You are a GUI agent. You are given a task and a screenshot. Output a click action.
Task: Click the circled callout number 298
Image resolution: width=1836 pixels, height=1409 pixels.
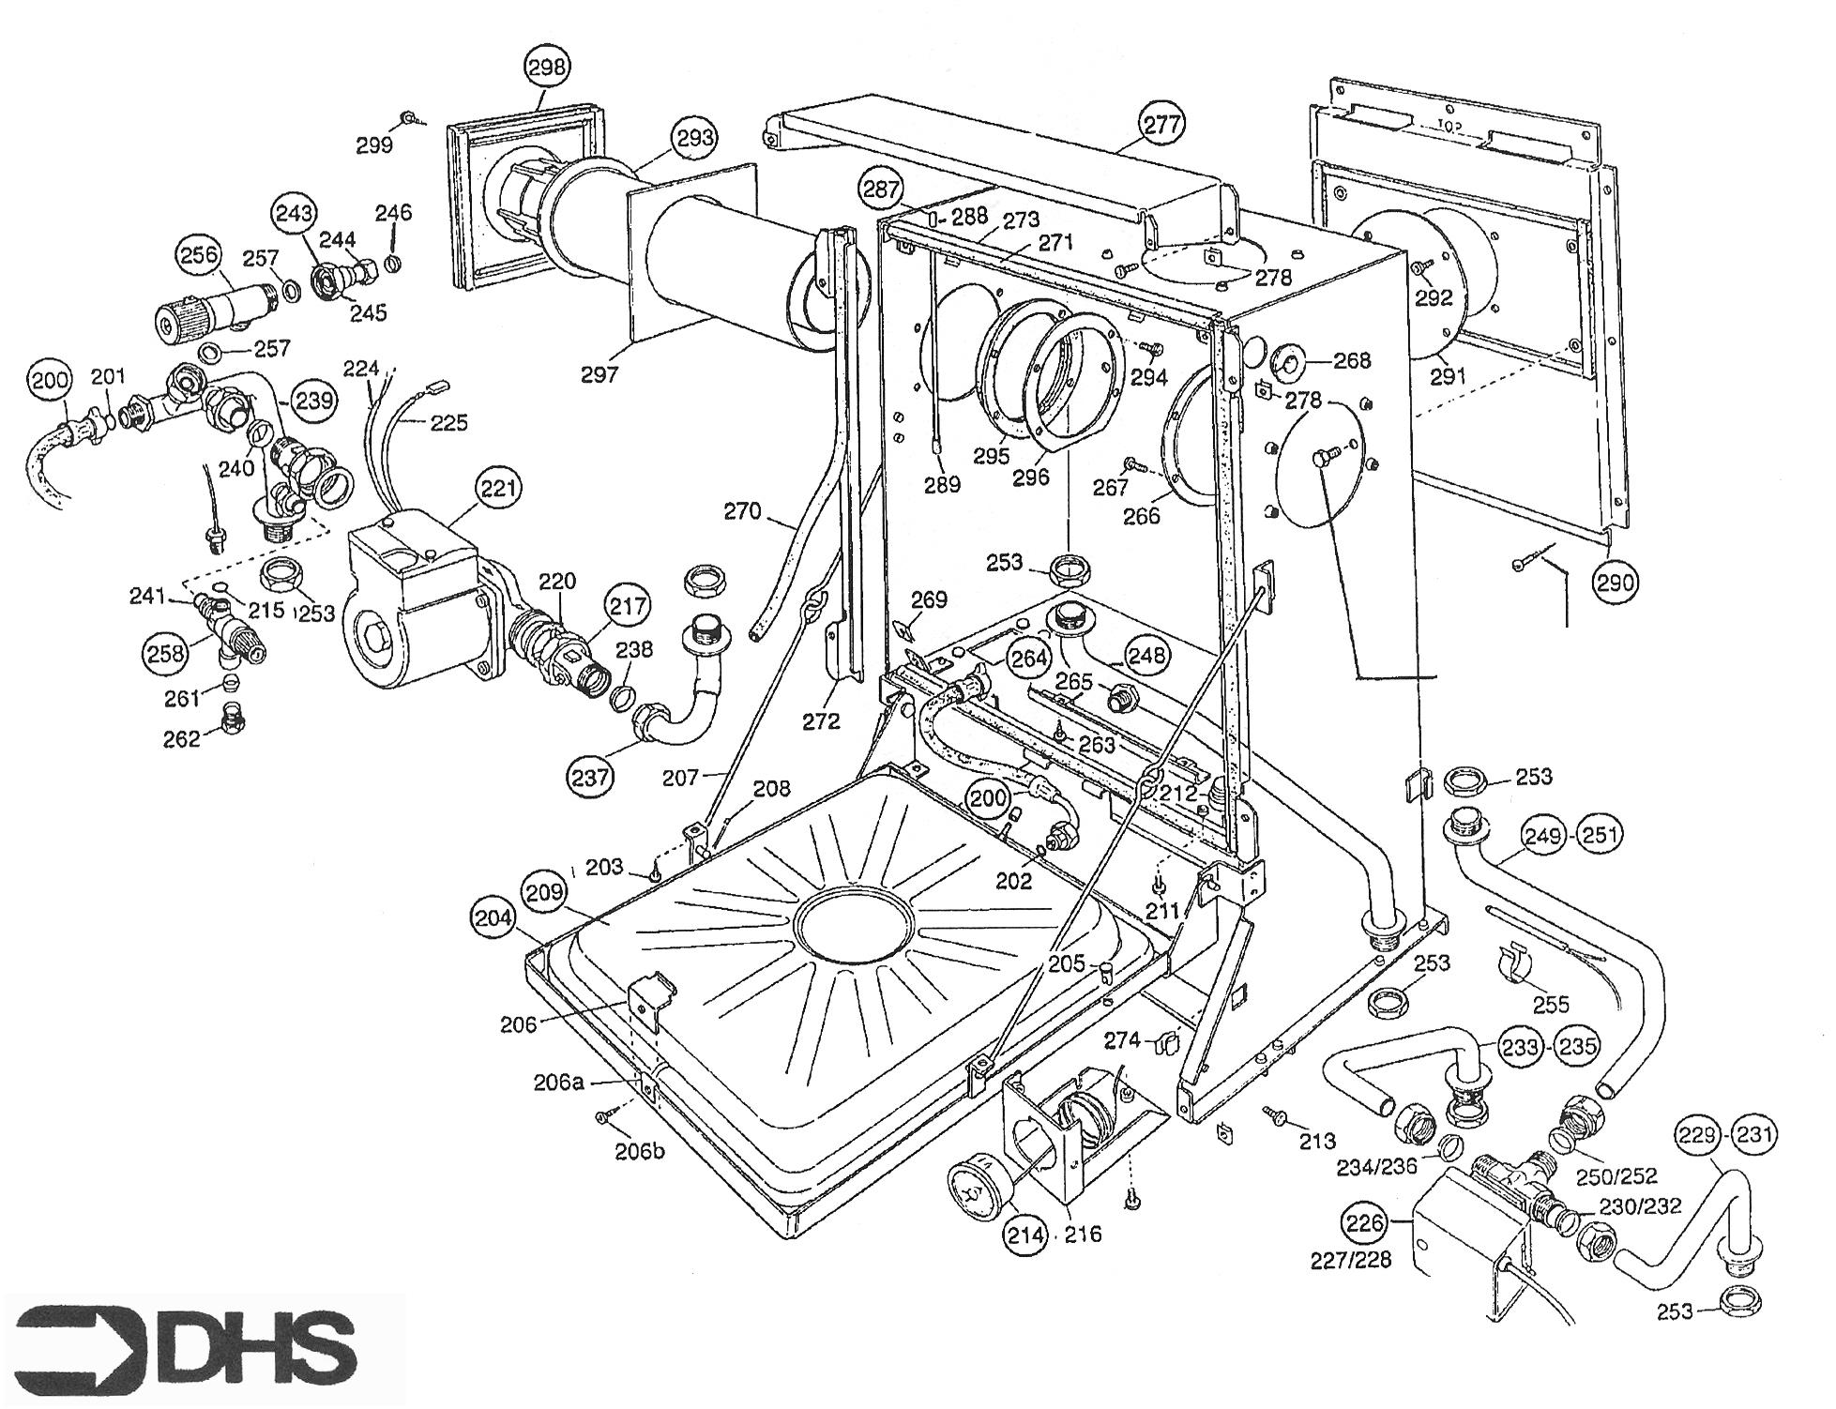click(x=547, y=67)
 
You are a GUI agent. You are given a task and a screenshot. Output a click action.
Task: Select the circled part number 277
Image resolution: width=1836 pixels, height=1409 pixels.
click(x=1162, y=124)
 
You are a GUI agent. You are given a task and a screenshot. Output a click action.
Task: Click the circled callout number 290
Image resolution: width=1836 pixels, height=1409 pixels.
click(x=1616, y=583)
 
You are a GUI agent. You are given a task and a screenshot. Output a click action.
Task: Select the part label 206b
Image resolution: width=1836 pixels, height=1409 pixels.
click(x=640, y=1150)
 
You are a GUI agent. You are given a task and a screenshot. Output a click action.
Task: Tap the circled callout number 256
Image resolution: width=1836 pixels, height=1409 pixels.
click(x=199, y=255)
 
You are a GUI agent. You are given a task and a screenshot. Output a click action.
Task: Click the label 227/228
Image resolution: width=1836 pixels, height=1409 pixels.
click(x=1351, y=1260)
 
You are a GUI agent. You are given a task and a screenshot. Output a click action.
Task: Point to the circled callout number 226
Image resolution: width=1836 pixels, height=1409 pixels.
click(x=1365, y=1222)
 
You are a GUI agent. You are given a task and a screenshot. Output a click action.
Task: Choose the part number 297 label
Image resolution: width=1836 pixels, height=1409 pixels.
click(x=599, y=374)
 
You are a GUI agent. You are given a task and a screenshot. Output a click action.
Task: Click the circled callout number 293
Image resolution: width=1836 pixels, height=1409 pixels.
click(x=695, y=138)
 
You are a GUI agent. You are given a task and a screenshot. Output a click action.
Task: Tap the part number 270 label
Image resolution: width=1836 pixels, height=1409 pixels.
click(x=742, y=512)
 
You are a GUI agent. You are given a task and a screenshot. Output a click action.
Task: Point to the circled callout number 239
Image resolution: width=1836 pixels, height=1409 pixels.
click(x=313, y=401)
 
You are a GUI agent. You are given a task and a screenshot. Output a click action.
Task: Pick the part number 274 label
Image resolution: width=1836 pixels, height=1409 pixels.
click(x=1121, y=1039)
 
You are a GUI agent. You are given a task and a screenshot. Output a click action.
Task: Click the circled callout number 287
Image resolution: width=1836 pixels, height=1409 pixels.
click(x=882, y=189)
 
